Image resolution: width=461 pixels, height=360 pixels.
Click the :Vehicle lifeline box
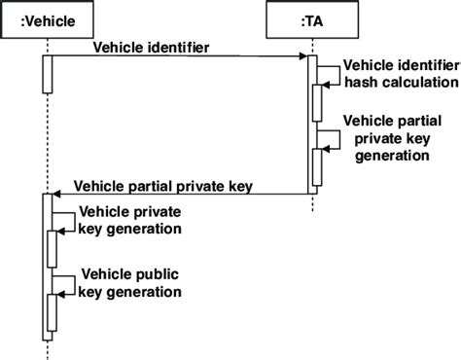47,18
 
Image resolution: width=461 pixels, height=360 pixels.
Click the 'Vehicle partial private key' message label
163,186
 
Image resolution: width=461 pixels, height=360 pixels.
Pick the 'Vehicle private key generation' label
130,220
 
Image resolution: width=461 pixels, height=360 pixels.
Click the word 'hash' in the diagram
361,83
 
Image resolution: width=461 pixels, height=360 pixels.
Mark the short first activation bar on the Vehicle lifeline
47,74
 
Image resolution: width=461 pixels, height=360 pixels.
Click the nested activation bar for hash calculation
317,101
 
